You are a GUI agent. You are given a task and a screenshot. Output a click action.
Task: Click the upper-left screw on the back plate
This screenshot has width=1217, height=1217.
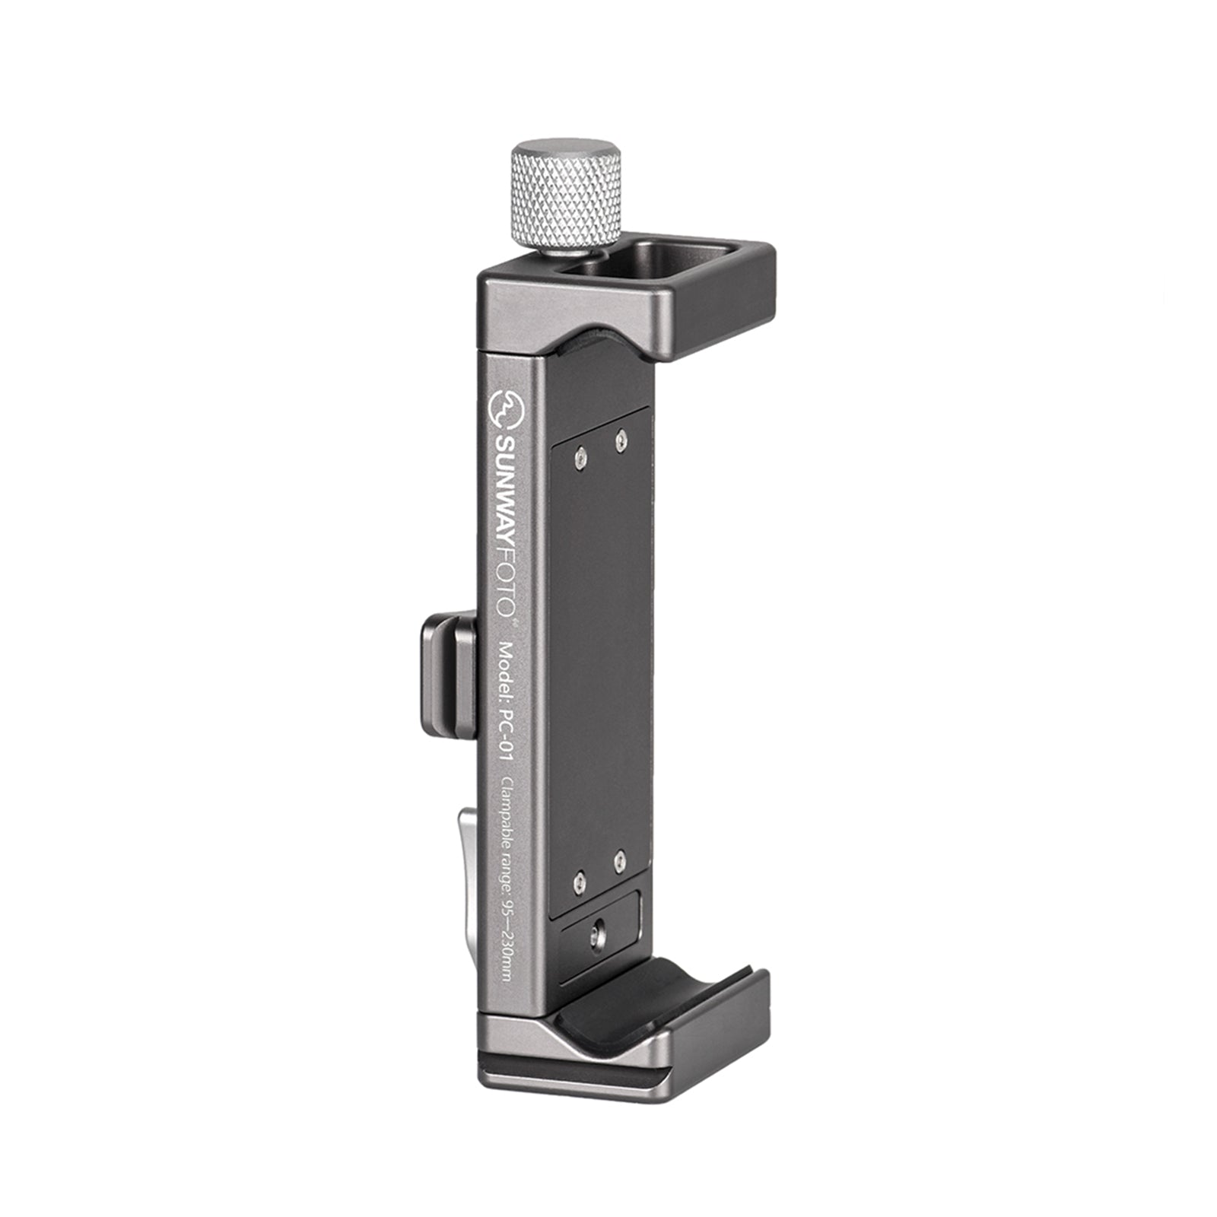582,456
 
